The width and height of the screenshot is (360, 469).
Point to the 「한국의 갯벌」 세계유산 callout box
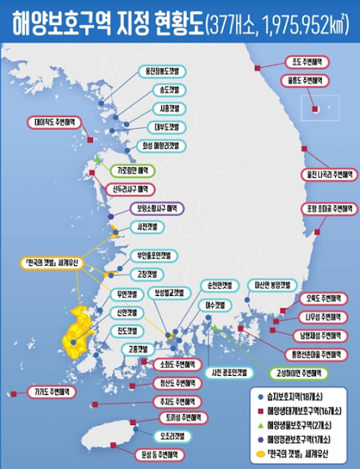(x=51, y=262)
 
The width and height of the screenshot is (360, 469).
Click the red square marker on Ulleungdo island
(x=316, y=110)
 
